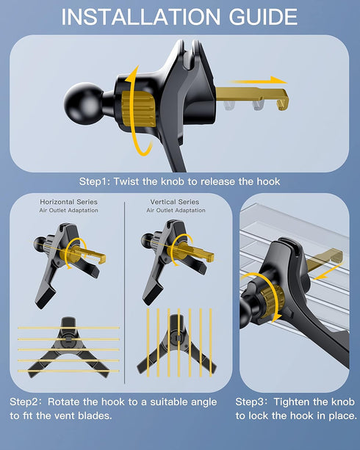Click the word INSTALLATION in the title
(x=141, y=17)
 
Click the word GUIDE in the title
(x=263, y=17)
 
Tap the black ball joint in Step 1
(x=84, y=104)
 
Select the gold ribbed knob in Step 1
(x=138, y=109)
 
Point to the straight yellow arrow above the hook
(x=258, y=81)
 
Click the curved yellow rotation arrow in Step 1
(x=137, y=112)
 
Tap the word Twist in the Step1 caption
(x=126, y=181)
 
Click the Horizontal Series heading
(x=68, y=202)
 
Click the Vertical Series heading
(x=175, y=202)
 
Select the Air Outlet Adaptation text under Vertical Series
(x=176, y=211)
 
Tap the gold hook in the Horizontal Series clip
(x=90, y=254)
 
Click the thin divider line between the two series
(x=125, y=292)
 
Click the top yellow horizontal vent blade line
(x=68, y=327)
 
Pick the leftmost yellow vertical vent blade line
(x=148, y=342)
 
